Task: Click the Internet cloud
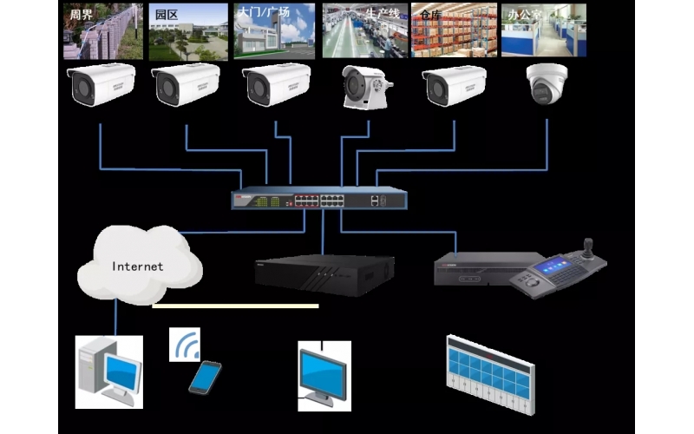coord(139,262)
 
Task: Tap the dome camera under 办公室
coord(546,84)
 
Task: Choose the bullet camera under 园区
coord(186,85)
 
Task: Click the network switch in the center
coord(318,199)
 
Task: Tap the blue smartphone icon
coord(205,377)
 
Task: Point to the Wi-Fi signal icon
coord(185,345)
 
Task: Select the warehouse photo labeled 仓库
coord(454,31)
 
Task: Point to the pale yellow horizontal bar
coord(235,306)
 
